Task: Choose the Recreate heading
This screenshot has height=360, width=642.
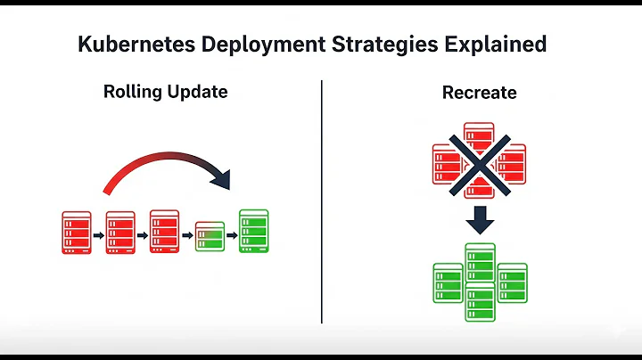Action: point(479,93)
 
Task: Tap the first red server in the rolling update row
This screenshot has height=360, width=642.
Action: point(77,233)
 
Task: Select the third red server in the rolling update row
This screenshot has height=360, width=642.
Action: point(165,232)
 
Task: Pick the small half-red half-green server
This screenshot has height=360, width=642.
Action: point(210,236)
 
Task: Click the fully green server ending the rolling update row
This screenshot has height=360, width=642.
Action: point(254,232)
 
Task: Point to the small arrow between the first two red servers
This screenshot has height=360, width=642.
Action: point(99,236)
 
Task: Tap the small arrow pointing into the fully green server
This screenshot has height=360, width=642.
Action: point(232,236)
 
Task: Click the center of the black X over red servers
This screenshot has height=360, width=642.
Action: point(479,166)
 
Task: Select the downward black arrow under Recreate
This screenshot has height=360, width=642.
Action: point(480,219)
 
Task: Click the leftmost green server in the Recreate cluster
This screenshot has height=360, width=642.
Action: point(448,282)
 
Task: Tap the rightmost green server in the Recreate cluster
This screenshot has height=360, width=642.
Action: point(512,282)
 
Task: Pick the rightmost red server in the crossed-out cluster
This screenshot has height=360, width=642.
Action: point(512,165)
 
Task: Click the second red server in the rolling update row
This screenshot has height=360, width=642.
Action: point(120,232)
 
